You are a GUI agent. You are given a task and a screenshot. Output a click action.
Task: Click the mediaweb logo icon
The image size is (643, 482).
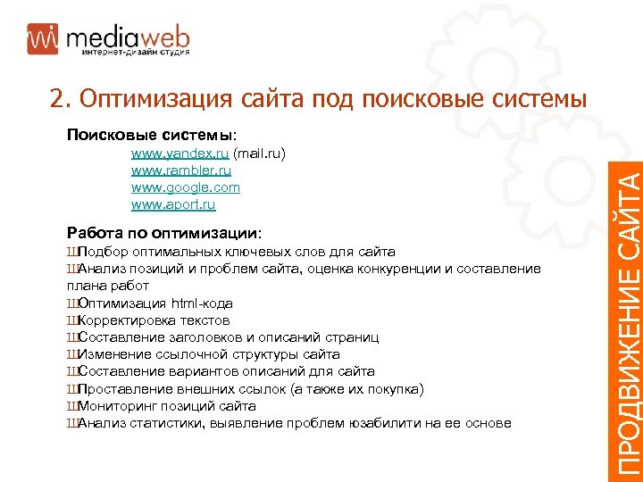42,37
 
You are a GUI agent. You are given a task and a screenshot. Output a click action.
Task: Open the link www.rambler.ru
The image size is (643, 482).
180,170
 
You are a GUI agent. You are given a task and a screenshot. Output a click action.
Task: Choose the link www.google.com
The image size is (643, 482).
185,187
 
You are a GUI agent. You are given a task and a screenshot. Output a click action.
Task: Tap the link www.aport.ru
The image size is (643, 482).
173,204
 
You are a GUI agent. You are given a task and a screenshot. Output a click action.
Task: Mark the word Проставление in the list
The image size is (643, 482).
121,388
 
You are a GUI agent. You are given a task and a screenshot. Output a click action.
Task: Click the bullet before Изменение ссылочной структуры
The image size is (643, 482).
71,354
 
